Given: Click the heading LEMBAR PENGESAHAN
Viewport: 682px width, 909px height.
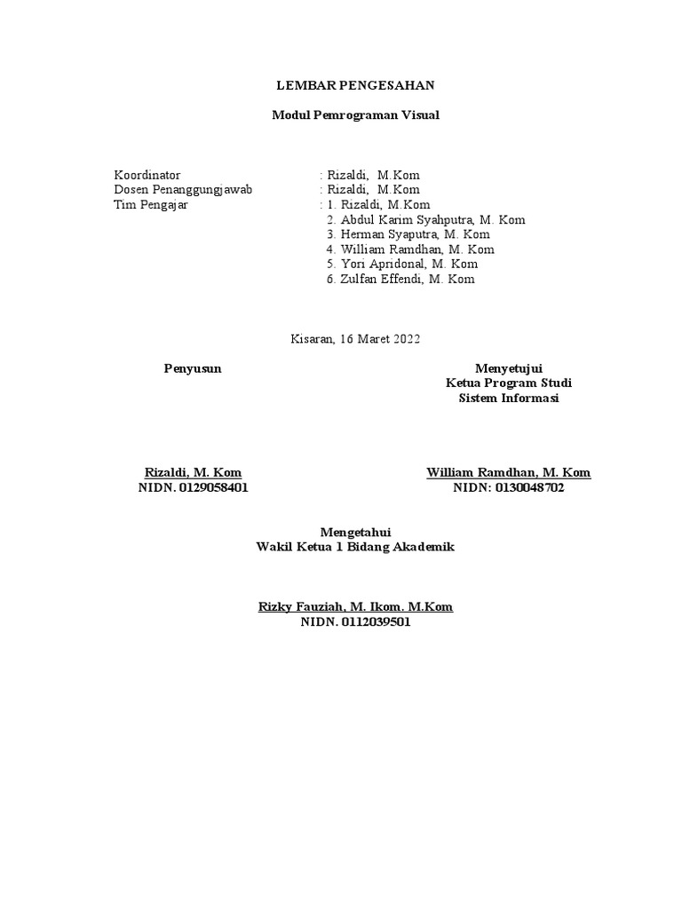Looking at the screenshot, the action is pyautogui.click(x=355, y=85).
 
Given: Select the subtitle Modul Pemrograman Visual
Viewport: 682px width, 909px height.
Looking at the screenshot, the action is pyautogui.click(x=355, y=115).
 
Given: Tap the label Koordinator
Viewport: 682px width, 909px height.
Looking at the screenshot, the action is pyautogui.click(x=147, y=175).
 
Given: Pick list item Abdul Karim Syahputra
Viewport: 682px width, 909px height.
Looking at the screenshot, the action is pyautogui.click(x=426, y=220).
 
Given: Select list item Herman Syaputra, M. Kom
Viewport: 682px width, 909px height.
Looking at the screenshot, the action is pyautogui.click(x=408, y=234).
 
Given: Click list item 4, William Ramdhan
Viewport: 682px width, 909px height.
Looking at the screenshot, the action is pyautogui.click(x=411, y=249).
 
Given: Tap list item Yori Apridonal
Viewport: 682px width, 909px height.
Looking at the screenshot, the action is pyautogui.click(x=402, y=264).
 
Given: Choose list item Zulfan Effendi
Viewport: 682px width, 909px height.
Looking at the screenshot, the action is pyautogui.click(x=400, y=279).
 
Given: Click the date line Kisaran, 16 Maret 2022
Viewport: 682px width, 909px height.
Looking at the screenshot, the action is pyautogui.click(x=355, y=338).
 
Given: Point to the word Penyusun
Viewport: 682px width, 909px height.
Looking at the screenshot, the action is pyautogui.click(x=193, y=368).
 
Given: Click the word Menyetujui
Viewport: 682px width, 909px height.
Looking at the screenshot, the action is pyautogui.click(x=509, y=368).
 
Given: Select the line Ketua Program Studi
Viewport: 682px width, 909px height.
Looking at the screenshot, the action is pyautogui.click(x=509, y=383).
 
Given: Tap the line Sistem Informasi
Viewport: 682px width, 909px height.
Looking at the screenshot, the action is pyautogui.click(x=509, y=398).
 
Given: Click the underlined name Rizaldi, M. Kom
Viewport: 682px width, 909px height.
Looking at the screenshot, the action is pyautogui.click(x=193, y=472).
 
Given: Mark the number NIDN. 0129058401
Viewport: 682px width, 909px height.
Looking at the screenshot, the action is pyautogui.click(x=193, y=487).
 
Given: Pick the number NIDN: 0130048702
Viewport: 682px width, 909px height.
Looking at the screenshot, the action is pyautogui.click(x=509, y=487).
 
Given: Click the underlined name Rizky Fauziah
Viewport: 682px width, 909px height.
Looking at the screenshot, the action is pyautogui.click(x=355, y=607).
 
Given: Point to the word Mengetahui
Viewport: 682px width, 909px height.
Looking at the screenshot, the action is pyautogui.click(x=355, y=532).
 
